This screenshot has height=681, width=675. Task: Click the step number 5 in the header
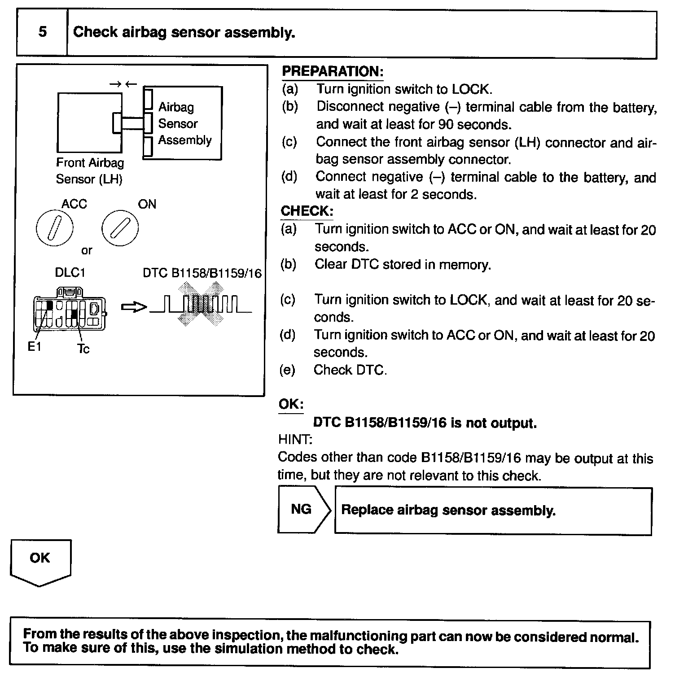pyautogui.click(x=42, y=32)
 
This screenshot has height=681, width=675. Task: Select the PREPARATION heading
pyautogui.click(x=332, y=72)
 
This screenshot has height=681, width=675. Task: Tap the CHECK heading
pyautogui.click(x=307, y=211)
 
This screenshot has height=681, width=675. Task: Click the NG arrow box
pyautogui.click(x=303, y=510)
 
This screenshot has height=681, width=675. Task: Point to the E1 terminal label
pyautogui.click(x=35, y=346)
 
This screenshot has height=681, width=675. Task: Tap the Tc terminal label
pyautogui.click(x=83, y=349)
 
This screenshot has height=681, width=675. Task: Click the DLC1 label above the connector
pyautogui.click(x=70, y=273)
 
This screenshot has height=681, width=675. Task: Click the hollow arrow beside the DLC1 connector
pyautogui.click(x=134, y=307)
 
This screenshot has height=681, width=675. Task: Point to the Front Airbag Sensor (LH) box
pyautogui.click(x=89, y=122)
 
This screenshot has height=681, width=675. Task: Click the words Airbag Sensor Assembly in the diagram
pyautogui.click(x=184, y=123)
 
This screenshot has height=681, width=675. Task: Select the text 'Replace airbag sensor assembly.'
pyautogui.click(x=448, y=511)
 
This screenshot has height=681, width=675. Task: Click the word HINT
pyautogui.click(x=295, y=439)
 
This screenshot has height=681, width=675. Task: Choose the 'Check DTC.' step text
pyautogui.click(x=350, y=370)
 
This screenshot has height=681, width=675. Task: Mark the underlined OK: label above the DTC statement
pyautogui.click(x=291, y=404)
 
